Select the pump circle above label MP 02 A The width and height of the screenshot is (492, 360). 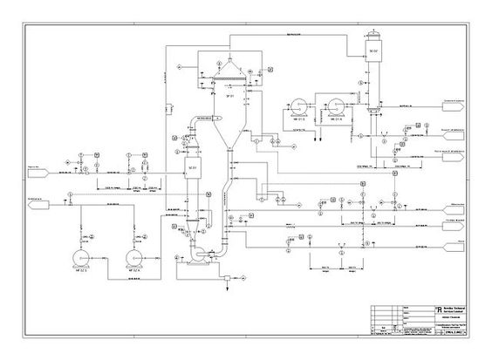(135, 259)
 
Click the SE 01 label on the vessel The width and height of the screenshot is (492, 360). (193, 166)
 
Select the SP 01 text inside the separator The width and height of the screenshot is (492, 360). (230, 96)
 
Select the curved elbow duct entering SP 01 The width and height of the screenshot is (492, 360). (200, 121)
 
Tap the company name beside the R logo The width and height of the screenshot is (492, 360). (445, 310)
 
